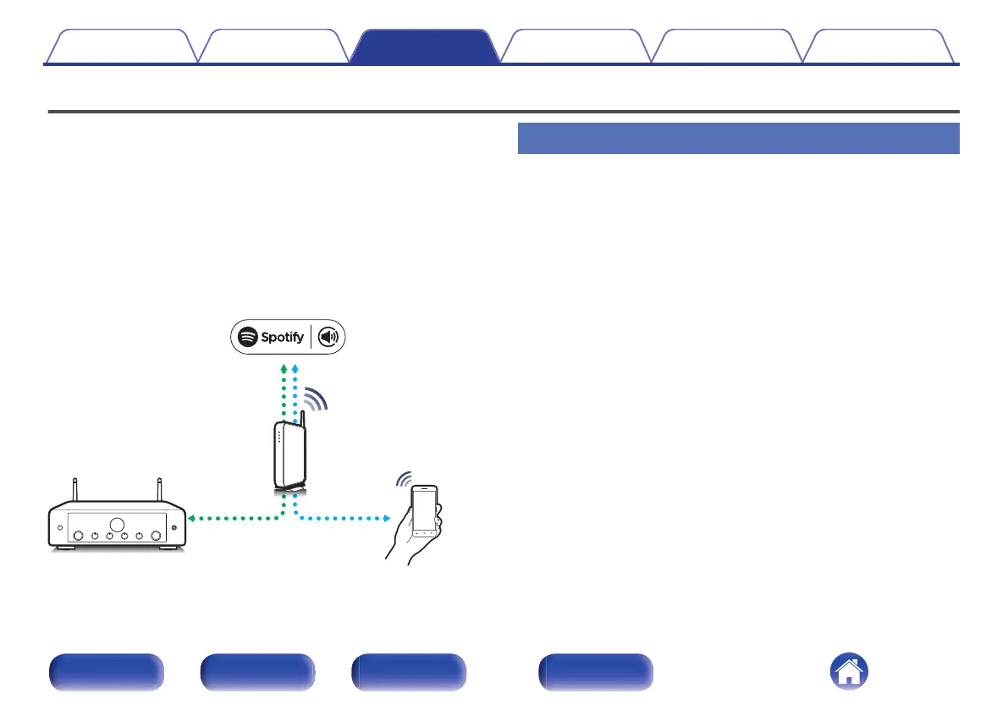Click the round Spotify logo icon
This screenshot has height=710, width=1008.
coord(247,337)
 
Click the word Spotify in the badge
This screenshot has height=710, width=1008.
coord(282,337)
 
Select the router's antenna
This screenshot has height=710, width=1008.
coord(302,421)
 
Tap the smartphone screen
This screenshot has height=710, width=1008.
coord(425,511)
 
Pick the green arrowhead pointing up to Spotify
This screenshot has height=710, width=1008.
coord(284,369)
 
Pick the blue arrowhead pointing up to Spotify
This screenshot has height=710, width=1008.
coord(295,369)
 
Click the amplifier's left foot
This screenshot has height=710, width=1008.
coord(64,548)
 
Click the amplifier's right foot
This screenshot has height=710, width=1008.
coord(168,548)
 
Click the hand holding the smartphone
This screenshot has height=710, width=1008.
coord(405,542)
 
